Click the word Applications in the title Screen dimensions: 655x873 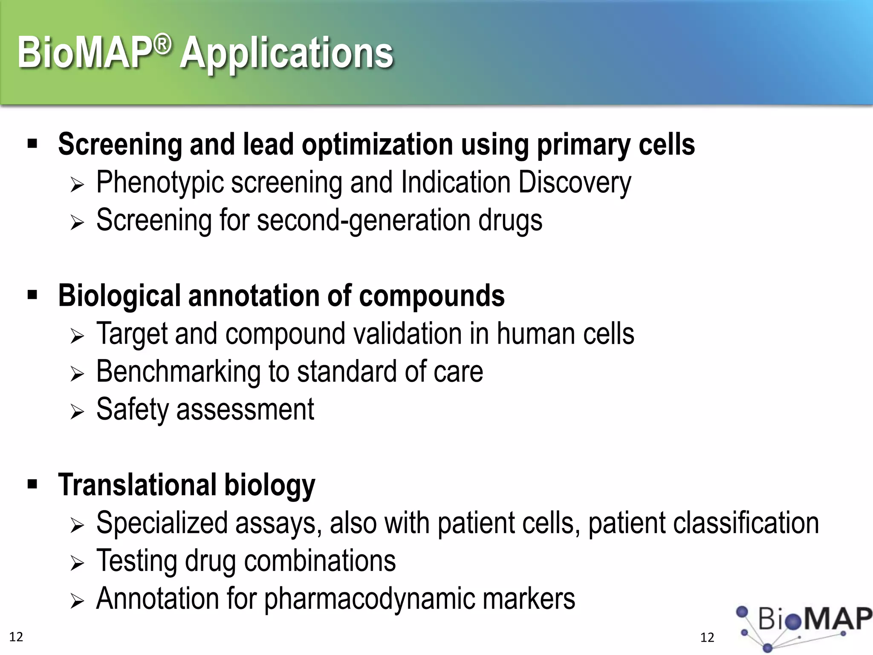[x=286, y=53]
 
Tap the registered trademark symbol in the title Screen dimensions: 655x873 [x=162, y=44]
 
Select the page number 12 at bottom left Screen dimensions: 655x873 [x=16, y=637]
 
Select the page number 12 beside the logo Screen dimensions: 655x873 [x=707, y=638]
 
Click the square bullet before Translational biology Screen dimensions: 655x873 [x=32, y=484]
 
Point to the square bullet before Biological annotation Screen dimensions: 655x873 [x=32, y=295]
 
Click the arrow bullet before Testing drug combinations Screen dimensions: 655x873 [x=77, y=563]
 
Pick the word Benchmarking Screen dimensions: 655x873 [x=179, y=372]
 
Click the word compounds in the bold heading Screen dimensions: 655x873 [x=432, y=296]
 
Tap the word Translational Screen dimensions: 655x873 [x=137, y=485]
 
